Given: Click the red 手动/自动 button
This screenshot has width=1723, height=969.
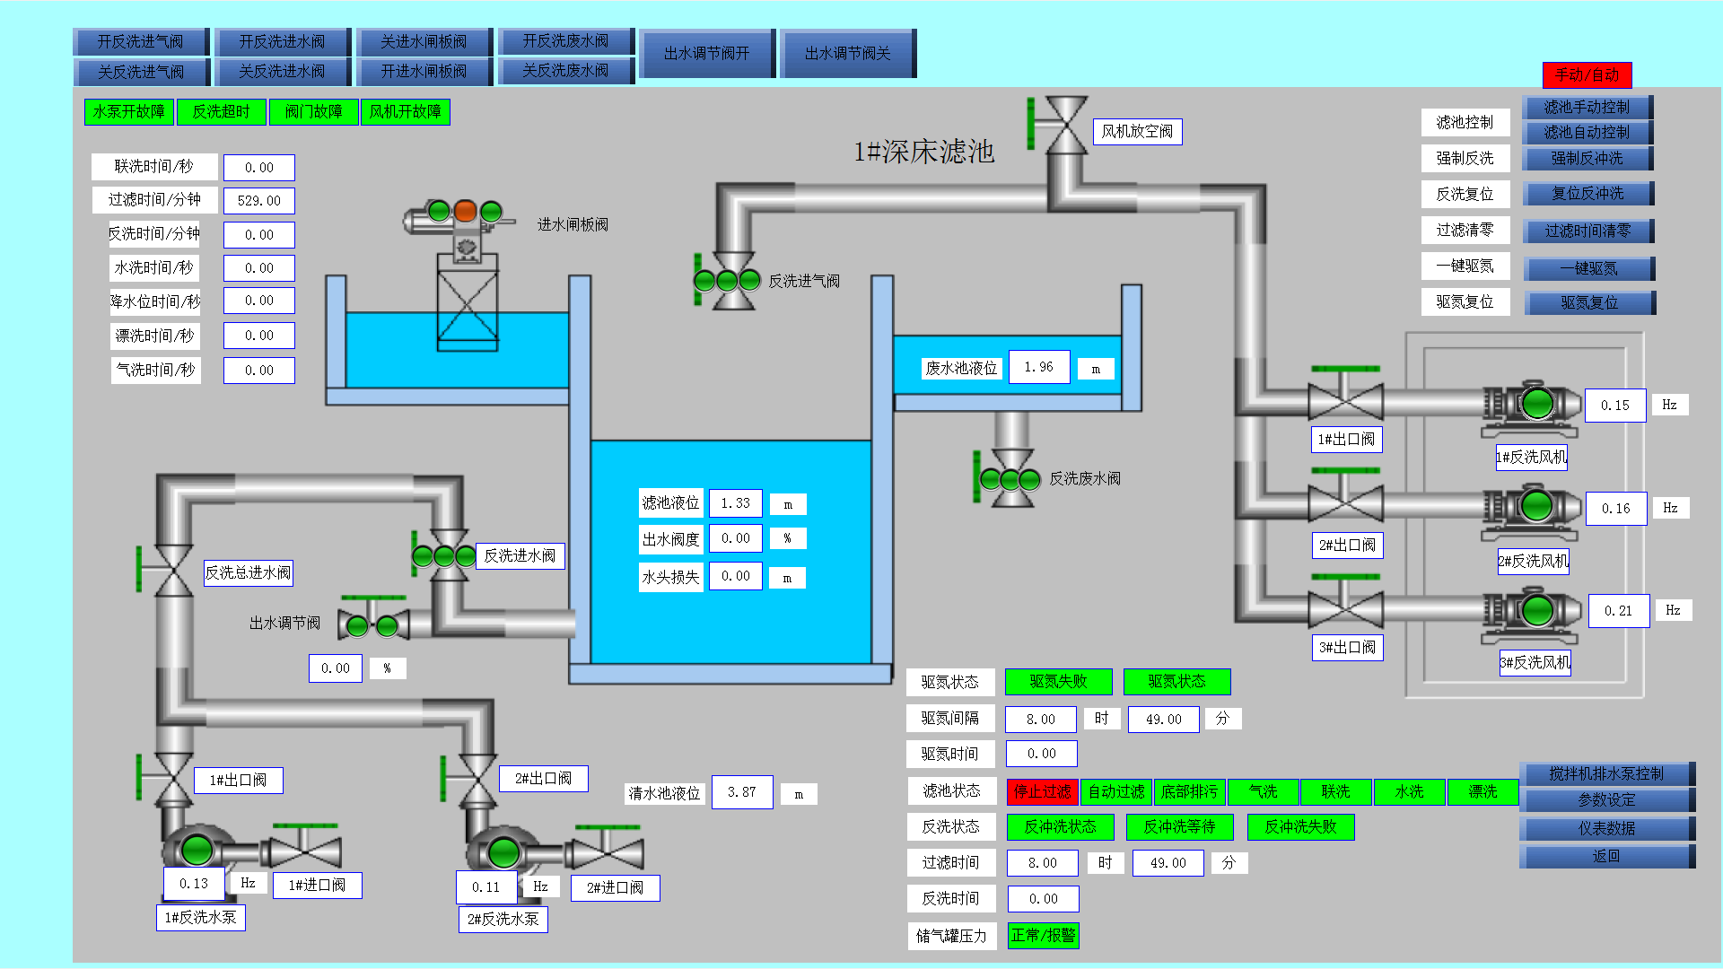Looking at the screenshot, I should pos(1587,74).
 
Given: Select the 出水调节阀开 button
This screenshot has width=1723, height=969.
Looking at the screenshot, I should pos(706,54).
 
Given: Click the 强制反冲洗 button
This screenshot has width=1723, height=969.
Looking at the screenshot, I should pos(1587,159).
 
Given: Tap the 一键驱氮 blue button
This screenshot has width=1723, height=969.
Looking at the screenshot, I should pos(1588,268).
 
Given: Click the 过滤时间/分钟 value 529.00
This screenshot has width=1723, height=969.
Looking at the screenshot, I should pos(258,201).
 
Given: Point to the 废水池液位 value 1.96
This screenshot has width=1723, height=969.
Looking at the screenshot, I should pos(1038,367).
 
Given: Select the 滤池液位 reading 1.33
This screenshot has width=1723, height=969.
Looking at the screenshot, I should pos(735,503).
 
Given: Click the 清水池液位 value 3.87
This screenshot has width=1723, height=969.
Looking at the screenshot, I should pos(741,792).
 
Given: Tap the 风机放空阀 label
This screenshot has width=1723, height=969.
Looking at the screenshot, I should pos(1136,132).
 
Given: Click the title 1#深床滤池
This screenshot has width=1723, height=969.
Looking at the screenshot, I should pos(923,152).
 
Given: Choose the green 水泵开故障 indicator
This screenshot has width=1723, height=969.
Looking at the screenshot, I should pos(129,112).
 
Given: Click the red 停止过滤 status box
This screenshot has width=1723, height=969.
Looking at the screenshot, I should pos(1042,791).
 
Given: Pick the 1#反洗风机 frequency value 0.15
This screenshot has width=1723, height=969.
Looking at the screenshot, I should pos(1614,406).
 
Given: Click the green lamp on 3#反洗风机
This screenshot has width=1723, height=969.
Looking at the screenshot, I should pos(1536,610).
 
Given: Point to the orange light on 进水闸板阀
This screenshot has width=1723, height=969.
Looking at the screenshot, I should pos(465,211).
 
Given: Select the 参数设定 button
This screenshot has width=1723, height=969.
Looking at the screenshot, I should pos(1606,800).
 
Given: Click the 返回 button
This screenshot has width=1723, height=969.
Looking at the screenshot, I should pos(1606,857).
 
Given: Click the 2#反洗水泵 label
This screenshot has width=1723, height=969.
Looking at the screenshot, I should pos(503,920).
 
